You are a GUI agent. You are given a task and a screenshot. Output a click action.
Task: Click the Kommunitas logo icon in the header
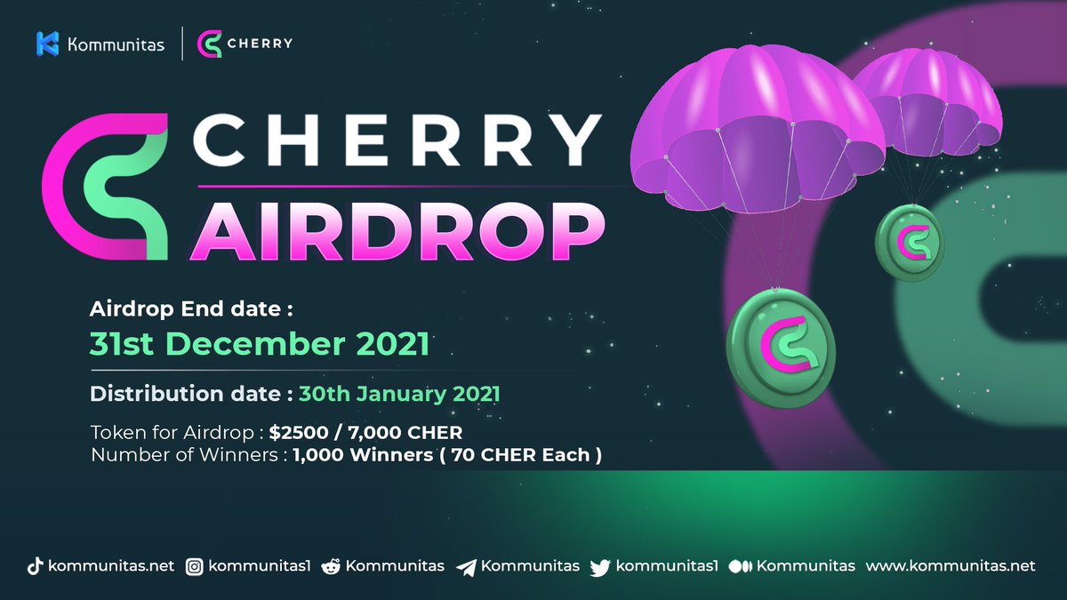click(x=47, y=44)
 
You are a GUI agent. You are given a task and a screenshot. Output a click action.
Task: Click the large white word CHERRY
click(x=396, y=140)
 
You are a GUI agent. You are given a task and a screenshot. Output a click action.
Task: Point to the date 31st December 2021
click(x=259, y=344)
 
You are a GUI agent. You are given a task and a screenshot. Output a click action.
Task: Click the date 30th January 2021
click(x=398, y=394)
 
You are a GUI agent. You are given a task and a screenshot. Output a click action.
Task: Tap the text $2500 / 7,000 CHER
click(x=365, y=433)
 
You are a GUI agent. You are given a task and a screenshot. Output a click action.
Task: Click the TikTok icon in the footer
click(x=34, y=567)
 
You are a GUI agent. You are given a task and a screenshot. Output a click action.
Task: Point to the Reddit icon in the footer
click(x=329, y=567)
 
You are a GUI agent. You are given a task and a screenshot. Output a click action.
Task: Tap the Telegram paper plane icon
click(x=466, y=567)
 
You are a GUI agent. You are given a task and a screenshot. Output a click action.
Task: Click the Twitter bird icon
click(x=600, y=567)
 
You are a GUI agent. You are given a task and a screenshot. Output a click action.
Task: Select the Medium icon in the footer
click(x=740, y=567)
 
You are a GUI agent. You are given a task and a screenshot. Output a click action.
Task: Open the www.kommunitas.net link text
click(x=951, y=566)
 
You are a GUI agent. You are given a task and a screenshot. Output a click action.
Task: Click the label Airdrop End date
click(x=191, y=310)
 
